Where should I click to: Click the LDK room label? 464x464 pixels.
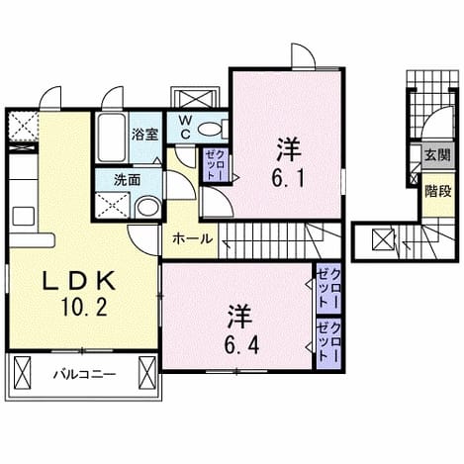point(79,281)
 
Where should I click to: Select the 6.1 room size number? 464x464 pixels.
point(288,179)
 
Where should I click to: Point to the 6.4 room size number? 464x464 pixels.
point(241,345)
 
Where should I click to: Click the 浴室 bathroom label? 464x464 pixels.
point(145,135)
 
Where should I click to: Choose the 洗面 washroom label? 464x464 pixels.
point(127,180)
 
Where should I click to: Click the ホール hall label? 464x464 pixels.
point(193,238)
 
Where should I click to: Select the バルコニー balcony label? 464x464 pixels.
point(85,374)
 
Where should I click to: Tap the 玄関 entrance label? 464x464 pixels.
point(437,155)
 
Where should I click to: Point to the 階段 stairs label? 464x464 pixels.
point(437,191)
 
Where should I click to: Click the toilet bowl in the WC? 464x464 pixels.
point(211,129)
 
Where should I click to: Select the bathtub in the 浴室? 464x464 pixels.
point(112,138)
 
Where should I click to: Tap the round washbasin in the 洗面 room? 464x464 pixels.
point(147,207)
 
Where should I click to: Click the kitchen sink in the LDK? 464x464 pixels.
point(23,216)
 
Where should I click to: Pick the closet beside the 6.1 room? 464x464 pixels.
point(215,164)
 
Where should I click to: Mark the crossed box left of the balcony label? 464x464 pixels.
point(22,373)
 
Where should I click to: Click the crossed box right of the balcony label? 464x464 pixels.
point(147,373)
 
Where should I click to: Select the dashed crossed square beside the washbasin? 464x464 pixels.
point(113,205)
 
